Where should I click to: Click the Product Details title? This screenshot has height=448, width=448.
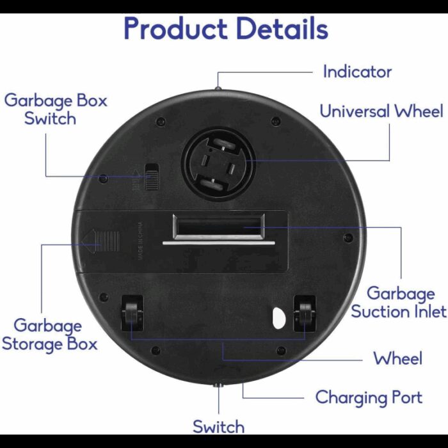coord(225,29)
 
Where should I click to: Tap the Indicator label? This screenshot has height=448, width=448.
coord(357,72)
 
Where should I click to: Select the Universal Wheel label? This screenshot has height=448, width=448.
coord(381,111)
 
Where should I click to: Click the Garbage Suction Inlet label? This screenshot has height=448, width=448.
coord(399,303)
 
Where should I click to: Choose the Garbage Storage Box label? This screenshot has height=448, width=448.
coord(49,335)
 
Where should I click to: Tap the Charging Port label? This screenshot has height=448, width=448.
coord(369,397)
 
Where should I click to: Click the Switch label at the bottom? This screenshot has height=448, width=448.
coord(218,426)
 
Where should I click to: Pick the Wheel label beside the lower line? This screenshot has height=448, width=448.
coord(397,358)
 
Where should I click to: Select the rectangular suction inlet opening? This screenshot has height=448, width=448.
coord(218,227)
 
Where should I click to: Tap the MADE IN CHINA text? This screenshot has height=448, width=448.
coord(139,239)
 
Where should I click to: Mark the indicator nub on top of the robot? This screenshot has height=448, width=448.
coord(218,88)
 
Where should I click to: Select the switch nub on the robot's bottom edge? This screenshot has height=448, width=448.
coord(219,387)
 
